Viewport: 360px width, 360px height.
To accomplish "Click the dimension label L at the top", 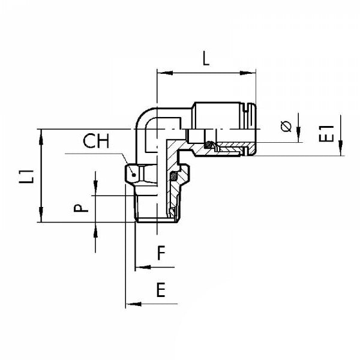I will tap(205, 59).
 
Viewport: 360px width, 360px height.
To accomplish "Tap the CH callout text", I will tap(96, 142).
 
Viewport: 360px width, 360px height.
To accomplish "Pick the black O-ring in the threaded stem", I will tap(175, 177).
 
